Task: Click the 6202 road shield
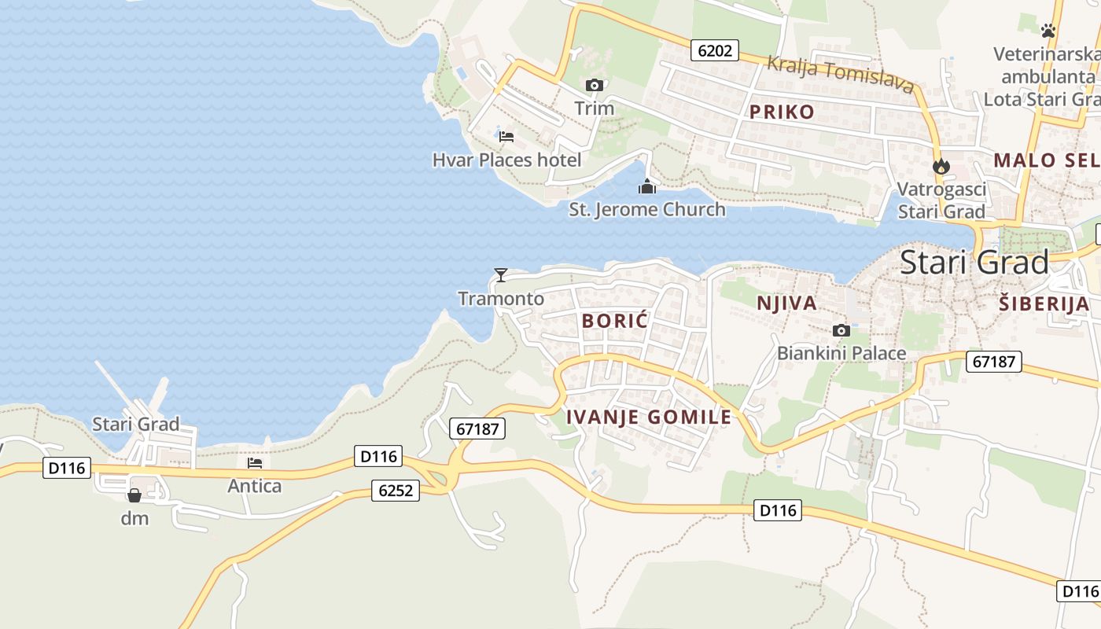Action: (715, 51)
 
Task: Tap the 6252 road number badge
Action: (396, 491)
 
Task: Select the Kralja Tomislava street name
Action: (840, 75)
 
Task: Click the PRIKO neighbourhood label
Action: (782, 112)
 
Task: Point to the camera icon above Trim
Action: (595, 85)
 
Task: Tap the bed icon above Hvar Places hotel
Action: (506, 136)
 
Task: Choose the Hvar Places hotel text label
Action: (507, 160)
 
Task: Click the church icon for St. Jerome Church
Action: (647, 186)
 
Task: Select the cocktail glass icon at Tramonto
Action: (500, 274)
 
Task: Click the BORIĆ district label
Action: (615, 321)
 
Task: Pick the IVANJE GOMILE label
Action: (649, 417)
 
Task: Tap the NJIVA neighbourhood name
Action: (786, 303)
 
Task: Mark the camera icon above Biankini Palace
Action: (841, 330)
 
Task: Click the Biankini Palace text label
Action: (841, 354)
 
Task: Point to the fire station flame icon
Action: (941, 166)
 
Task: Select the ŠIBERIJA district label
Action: (1044, 304)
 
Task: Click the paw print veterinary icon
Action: (1048, 31)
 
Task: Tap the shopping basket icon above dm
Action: (134, 495)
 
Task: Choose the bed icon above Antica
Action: (255, 463)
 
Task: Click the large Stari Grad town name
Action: (974, 262)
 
